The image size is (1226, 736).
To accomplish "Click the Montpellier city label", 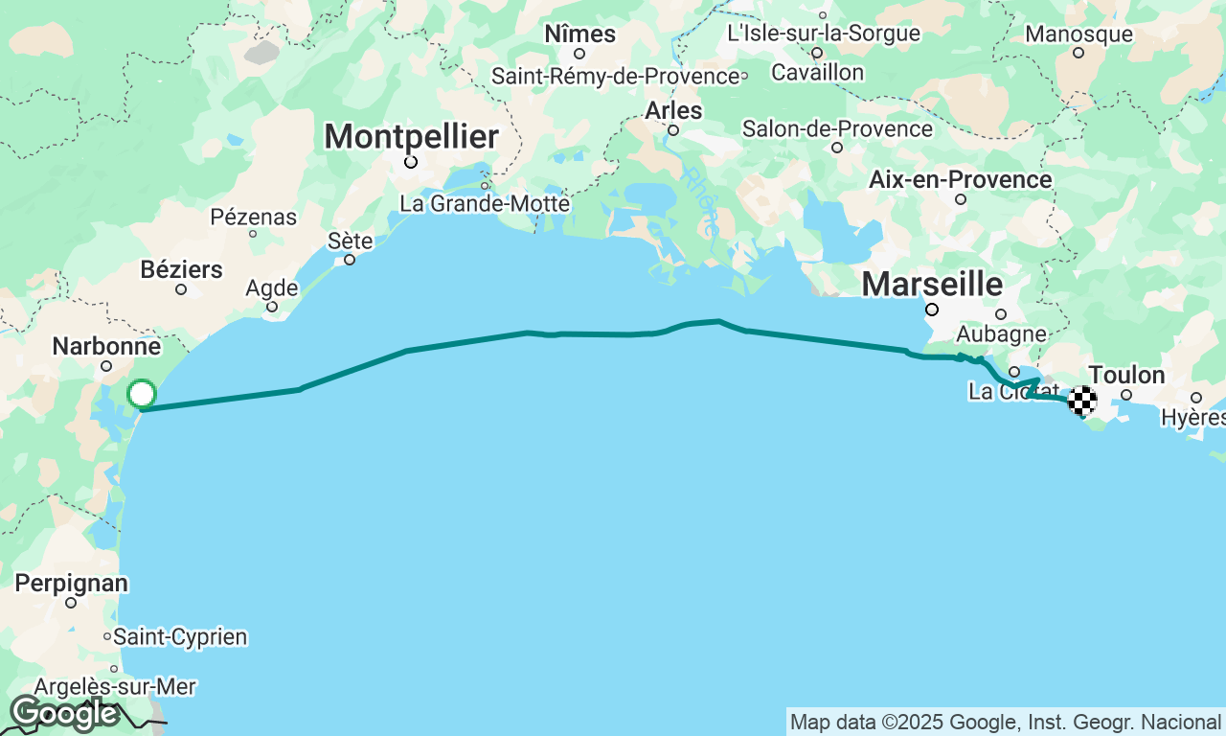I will click(x=411, y=137).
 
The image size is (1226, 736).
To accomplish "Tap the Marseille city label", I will click(x=932, y=284).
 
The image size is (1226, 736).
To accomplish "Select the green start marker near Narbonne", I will click(x=142, y=394).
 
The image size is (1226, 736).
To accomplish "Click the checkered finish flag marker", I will click(x=1082, y=400).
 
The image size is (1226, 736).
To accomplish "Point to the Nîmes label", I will click(x=579, y=34).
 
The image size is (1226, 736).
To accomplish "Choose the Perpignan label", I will click(x=71, y=583).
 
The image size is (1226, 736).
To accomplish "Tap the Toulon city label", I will click(x=1126, y=375).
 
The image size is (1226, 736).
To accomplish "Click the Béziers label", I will click(x=181, y=269).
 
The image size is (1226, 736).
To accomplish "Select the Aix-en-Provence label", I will click(x=960, y=179).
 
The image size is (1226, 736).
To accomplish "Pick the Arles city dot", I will click(x=673, y=130).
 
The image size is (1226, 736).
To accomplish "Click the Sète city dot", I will click(x=350, y=260).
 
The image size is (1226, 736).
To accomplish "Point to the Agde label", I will click(x=272, y=287).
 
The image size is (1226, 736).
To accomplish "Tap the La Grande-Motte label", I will click(x=485, y=204).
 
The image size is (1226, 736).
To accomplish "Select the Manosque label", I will click(x=1078, y=34).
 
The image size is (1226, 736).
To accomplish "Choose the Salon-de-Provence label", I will click(x=837, y=128).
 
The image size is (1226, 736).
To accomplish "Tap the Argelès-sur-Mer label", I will click(x=115, y=687).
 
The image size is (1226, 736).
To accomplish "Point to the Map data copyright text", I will click(x=1006, y=722).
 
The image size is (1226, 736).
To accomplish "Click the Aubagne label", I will click(x=1001, y=333).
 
